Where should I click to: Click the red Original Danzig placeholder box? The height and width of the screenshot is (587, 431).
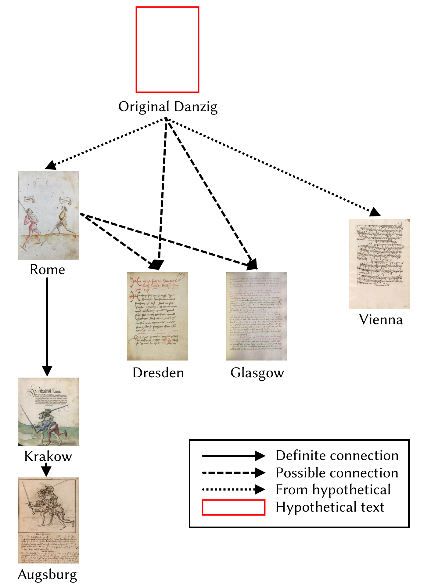(167, 49)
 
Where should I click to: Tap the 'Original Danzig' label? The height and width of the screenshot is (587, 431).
(168, 107)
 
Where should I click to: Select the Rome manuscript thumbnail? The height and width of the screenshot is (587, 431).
(48, 215)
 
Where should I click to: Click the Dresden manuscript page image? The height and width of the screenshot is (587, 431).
(157, 316)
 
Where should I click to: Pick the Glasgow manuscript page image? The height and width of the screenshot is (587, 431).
(257, 316)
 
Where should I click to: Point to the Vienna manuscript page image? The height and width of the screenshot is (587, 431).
(379, 263)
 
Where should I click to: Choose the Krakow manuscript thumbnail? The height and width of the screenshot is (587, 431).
(48, 412)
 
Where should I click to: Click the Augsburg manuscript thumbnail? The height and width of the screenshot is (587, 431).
(48, 520)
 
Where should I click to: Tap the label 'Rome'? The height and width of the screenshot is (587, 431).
(47, 270)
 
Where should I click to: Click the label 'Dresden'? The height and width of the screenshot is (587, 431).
(158, 373)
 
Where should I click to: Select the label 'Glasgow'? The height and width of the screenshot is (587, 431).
(257, 373)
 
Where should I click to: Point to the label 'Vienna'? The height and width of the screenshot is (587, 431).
(381, 320)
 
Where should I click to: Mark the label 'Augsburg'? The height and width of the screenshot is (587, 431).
(47, 575)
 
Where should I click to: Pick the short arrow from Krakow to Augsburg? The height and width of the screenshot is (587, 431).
(46, 469)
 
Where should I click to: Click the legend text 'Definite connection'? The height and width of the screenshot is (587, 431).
(337, 455)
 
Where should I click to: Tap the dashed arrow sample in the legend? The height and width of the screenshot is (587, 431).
(233, 473)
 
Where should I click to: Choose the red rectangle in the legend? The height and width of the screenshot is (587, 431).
(233, 507)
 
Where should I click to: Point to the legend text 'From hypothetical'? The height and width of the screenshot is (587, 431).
(333, 490)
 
